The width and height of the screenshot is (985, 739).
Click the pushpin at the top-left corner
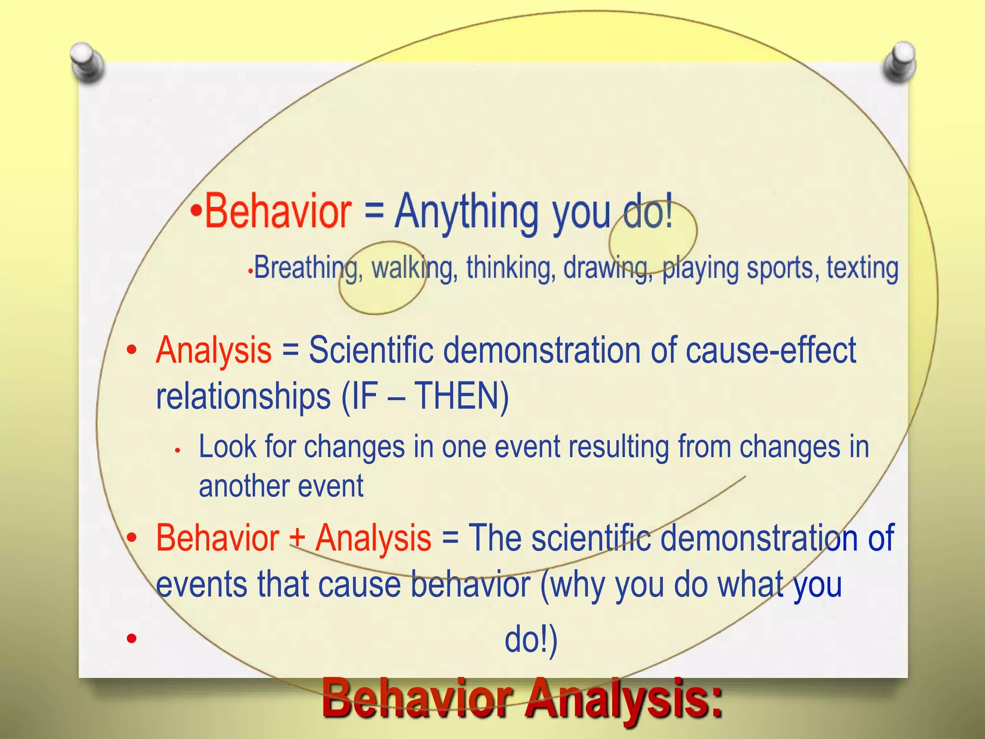click(87, 62)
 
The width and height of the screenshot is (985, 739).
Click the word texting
click(862, 268)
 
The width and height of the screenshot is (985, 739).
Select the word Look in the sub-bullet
click(227, 446)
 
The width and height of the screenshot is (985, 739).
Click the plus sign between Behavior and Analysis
click(297, 538)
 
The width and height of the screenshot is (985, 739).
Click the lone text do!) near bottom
click(531, 640)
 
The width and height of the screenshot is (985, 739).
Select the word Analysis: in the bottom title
click(623, 698)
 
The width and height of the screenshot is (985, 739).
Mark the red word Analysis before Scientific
click(214, 350)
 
